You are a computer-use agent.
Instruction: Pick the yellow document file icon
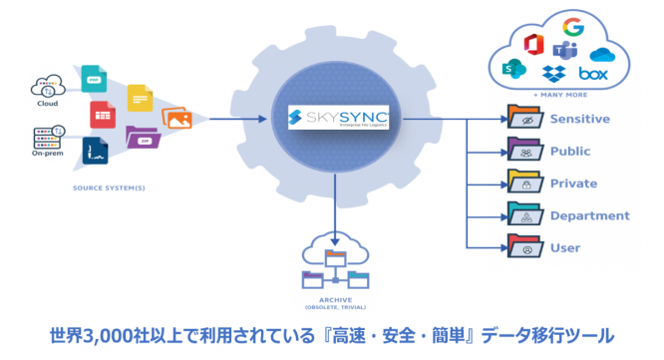point(140,98)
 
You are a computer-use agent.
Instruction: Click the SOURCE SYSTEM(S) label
point(103,186)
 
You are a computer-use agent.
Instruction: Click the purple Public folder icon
point(521,152)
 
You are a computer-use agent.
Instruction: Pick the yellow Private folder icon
point(521,183)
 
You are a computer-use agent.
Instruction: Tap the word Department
point(589,215)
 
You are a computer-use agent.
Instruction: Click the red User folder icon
point(521,246)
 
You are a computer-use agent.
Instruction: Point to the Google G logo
point(572,27)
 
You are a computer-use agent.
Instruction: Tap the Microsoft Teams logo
point(564,51)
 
